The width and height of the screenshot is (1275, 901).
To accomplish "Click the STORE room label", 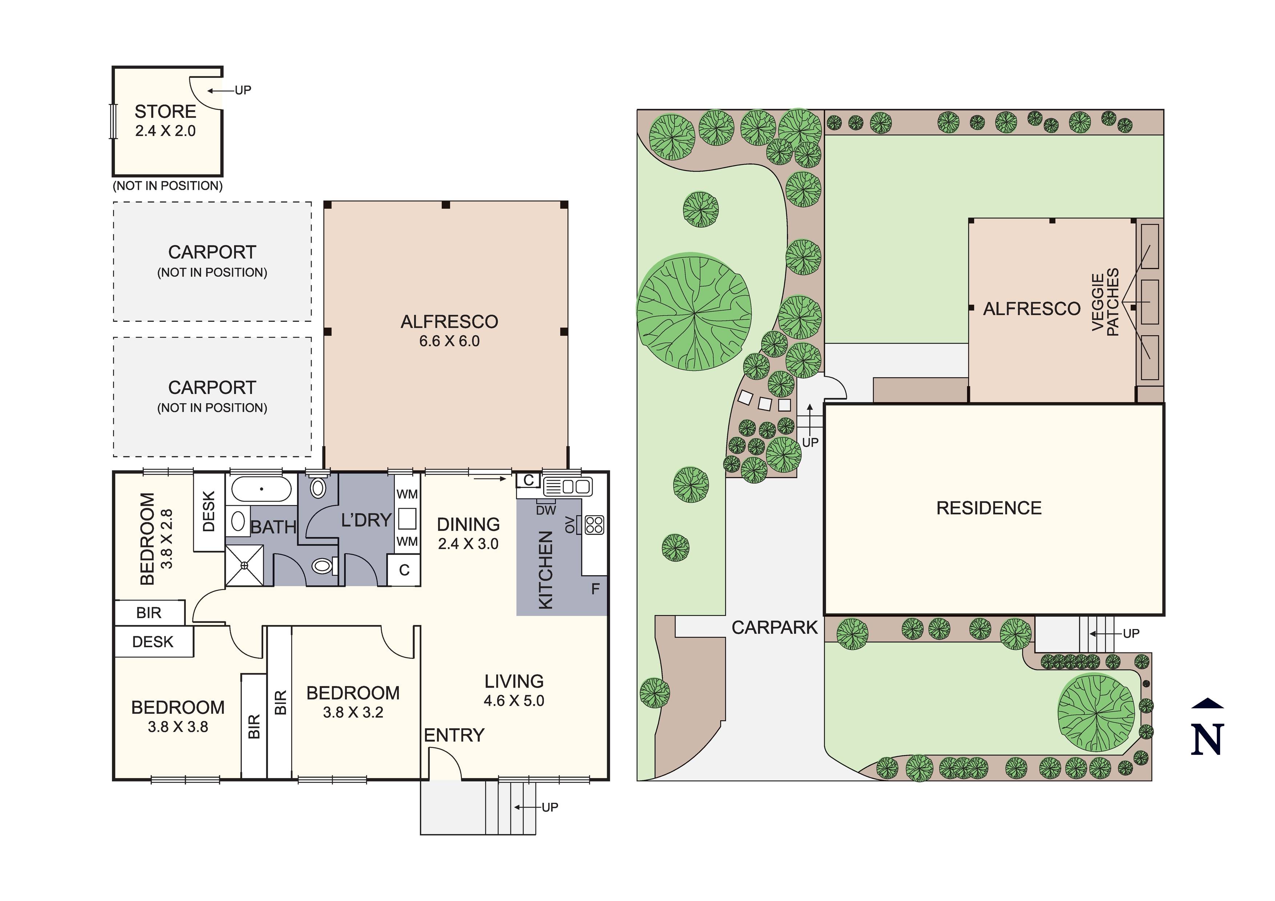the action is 165,112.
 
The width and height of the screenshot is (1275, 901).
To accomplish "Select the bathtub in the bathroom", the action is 261,489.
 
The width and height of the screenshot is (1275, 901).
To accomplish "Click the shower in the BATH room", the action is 244,565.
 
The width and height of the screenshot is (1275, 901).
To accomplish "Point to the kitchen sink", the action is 568,486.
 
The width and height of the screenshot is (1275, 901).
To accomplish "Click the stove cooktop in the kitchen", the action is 594,525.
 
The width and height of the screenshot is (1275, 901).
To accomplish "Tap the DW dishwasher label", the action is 546,510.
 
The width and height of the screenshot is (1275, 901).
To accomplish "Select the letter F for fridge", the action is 595,589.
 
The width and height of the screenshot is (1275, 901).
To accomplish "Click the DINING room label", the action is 468,524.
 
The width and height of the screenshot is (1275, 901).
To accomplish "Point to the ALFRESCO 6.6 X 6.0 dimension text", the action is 449,341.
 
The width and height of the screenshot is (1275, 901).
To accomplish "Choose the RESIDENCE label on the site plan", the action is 989,508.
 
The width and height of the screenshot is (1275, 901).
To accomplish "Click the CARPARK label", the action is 775,627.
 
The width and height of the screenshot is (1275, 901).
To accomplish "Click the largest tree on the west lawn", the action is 694,312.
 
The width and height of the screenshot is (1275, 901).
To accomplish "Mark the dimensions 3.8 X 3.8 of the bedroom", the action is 178,726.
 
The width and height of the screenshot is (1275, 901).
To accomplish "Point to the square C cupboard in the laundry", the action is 404,570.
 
